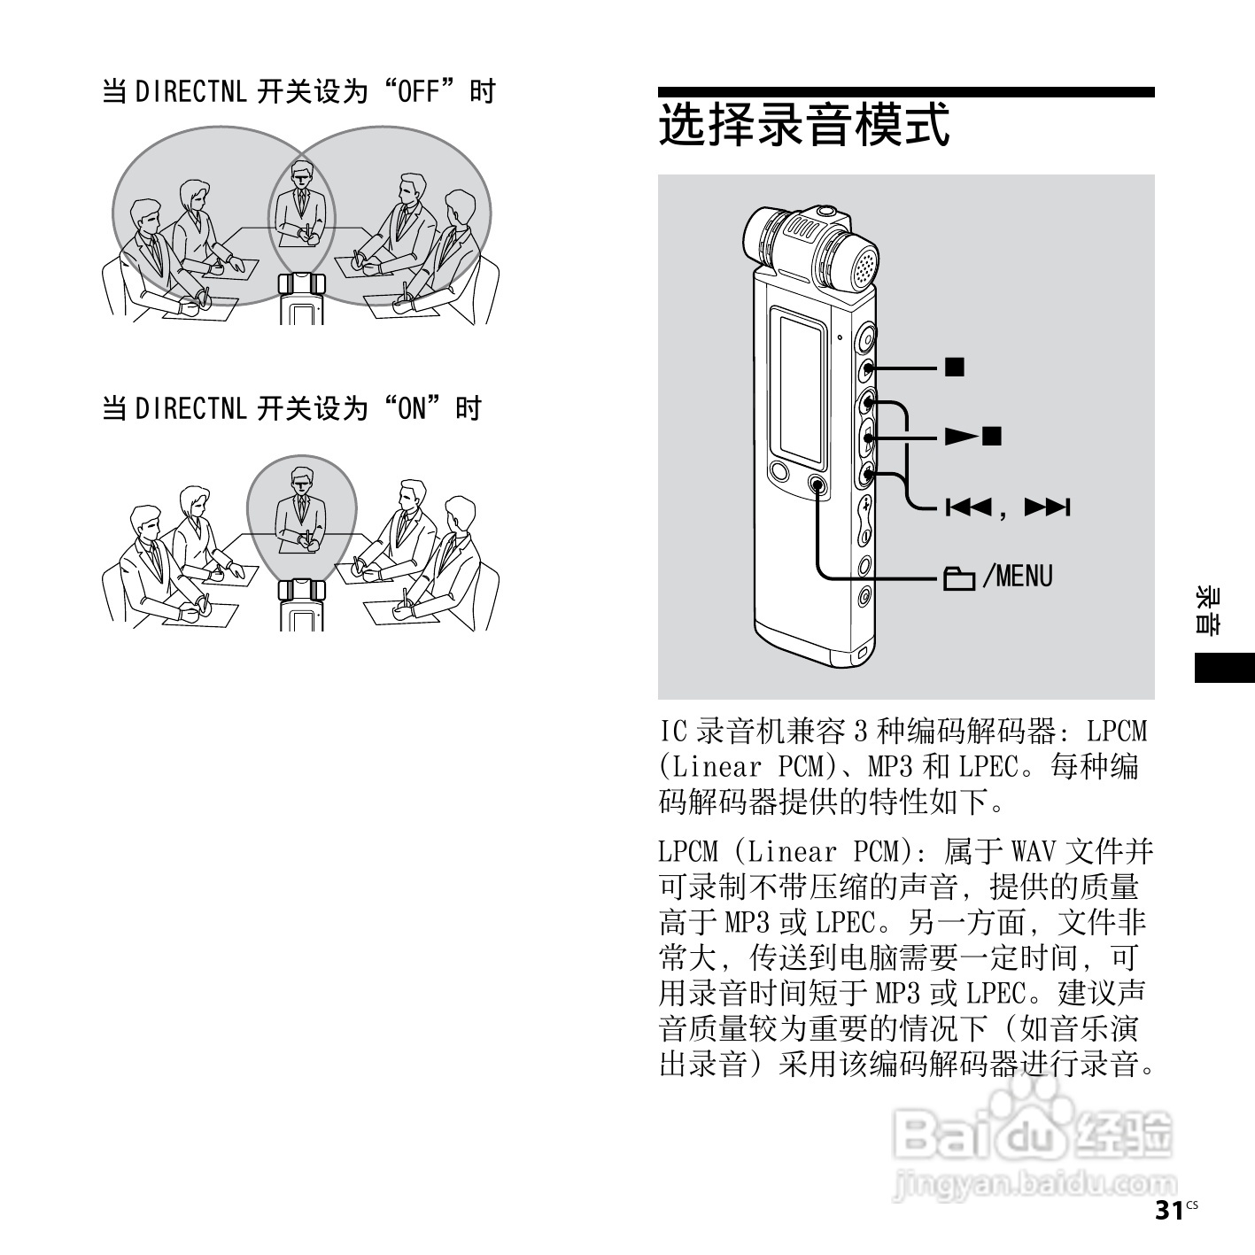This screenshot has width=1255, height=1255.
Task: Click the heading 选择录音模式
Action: point(804,125)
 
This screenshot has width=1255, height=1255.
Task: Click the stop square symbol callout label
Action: point(954,367)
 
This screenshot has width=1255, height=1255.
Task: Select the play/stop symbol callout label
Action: point(972,436)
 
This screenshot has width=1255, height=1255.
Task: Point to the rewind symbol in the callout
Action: point(967,507)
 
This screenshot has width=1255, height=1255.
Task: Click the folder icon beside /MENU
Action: point(958,578)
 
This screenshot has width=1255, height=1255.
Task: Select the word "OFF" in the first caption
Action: point(419,91)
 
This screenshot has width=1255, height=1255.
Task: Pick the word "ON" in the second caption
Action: point(412,408)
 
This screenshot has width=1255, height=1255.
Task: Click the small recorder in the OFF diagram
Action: point(302,297)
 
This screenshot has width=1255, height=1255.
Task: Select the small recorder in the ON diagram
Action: point(302,603)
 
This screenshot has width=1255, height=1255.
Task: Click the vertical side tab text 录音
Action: point(1207,609)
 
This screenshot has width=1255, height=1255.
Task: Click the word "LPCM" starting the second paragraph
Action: point(688,852)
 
